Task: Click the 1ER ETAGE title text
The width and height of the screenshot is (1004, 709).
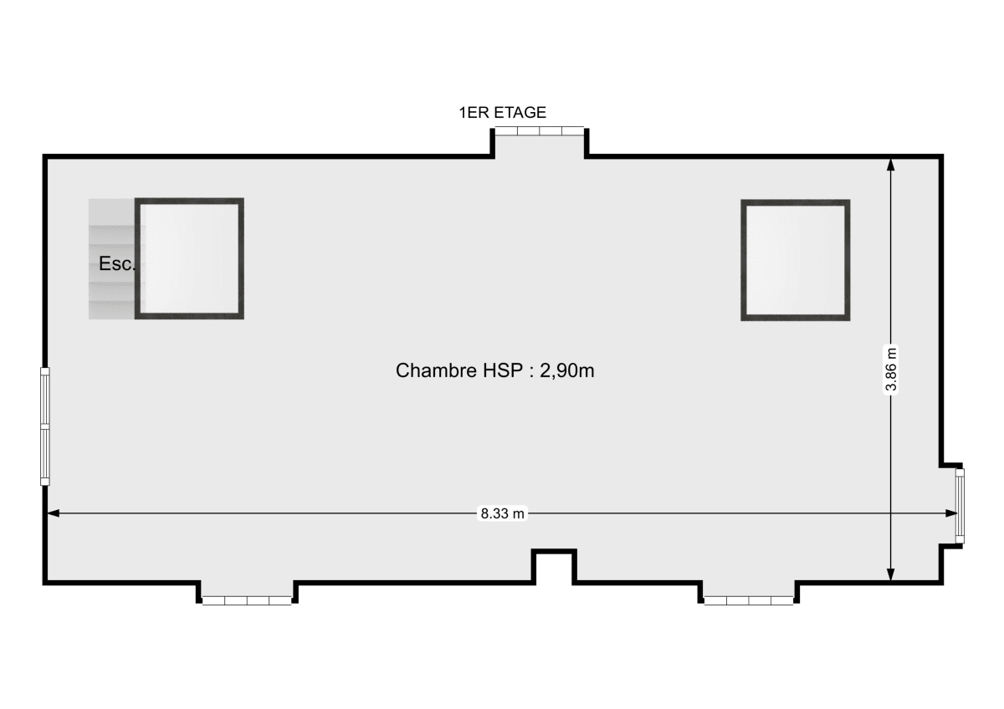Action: [502, 112]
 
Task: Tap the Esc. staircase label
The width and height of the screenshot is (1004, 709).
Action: [116, 264]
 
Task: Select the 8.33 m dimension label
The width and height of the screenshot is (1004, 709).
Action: [502, 514]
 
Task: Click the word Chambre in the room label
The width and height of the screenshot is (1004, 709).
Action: [425, 370]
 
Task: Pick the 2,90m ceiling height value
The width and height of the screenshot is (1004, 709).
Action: [567, 370]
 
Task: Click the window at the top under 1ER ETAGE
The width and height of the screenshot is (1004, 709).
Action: [539, 131]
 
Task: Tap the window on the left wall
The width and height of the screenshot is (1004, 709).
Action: [45, 426]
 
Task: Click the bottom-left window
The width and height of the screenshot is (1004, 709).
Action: [247, 600]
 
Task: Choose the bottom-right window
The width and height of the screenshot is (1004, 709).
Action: [748, 600]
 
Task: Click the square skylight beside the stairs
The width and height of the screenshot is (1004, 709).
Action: [189, 258]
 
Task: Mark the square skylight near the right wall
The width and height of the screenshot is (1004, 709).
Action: [795, 260]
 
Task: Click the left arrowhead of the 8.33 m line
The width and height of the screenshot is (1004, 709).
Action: [53, 514]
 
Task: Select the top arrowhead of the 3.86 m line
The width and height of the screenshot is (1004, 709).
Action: [891, 165]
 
